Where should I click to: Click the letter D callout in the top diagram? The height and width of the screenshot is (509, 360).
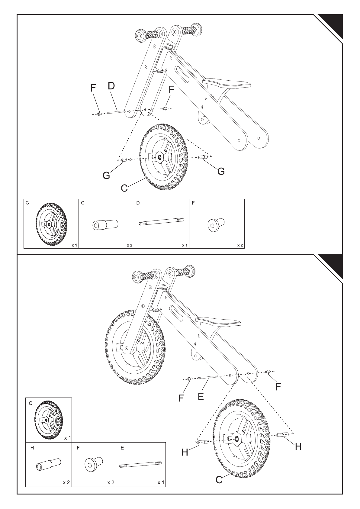111,86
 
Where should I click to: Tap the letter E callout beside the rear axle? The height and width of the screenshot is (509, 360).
201,396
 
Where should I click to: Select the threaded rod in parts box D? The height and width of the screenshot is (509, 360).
162,221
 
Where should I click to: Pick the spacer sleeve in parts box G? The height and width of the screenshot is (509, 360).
105,224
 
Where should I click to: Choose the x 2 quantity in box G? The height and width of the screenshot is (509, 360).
130,245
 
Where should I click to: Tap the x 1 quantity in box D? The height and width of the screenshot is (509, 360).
185,245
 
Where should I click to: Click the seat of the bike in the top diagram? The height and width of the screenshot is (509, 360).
227,83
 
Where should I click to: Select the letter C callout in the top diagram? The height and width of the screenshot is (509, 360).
124,188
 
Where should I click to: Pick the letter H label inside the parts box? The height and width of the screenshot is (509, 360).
32,448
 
